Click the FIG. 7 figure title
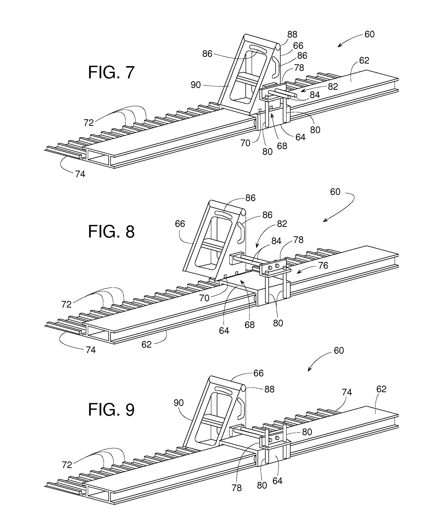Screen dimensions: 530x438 [111, 72]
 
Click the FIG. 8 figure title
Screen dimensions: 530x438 [111, 232]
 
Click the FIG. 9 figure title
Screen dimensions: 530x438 [111, 410]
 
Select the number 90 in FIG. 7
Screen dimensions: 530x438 [196, 85]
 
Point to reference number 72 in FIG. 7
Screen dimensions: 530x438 [89, 123]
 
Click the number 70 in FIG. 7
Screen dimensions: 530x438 [245, 143]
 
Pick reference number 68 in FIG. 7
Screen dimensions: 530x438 [282, 146]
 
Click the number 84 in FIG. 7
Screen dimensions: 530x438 [315, 95]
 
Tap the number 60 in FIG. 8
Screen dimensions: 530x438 [335, 192]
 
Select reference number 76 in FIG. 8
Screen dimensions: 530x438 [323, 266]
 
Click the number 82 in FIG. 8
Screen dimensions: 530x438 [282, 224]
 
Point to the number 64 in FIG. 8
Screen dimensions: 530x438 [224, 331]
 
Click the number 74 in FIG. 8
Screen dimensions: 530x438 [91, 350]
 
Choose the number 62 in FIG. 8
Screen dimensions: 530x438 [146, 345]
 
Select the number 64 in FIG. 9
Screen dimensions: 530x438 [277, 481]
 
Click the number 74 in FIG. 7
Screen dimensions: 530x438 [80, 174]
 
